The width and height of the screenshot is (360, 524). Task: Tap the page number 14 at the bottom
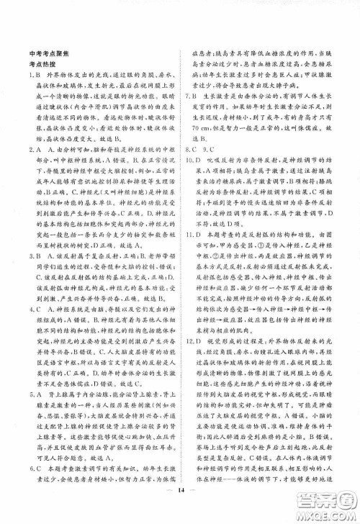[180, 507]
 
